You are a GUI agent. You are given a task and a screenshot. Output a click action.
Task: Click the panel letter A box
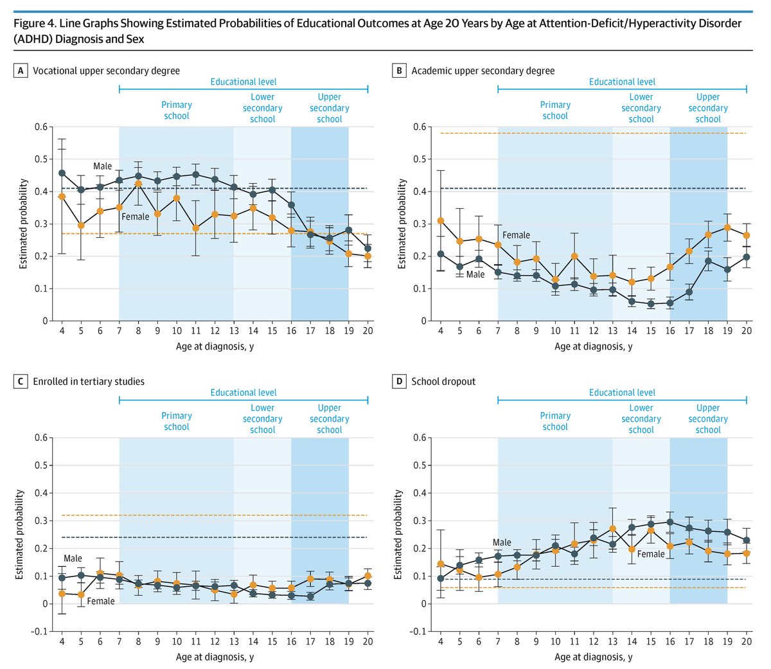(x=21, y=71)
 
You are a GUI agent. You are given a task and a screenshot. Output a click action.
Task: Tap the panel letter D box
(x=400, y=382)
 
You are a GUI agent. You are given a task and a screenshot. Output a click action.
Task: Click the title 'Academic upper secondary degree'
(x=483, y=71)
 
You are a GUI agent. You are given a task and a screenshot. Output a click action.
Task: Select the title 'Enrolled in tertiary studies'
(x=89, y=382)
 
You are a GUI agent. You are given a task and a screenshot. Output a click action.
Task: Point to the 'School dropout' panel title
(x=443, y=382)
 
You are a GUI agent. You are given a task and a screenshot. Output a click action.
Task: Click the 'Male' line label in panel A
(x=103, y=166)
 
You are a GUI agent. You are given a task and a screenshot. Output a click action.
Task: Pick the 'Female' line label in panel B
(x=516, y=235)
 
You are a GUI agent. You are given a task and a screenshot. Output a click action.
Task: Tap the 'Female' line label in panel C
(x=101, y=602)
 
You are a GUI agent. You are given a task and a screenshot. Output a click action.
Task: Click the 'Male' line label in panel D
(x=502, y=543)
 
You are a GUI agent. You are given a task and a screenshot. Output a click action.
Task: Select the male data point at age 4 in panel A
(x=62, y=173)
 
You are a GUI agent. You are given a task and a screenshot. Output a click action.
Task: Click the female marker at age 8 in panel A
(x=138, y=184)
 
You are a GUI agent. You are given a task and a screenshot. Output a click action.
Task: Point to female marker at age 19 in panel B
(x=727, y=227)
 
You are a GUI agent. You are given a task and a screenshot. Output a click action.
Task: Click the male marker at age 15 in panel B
(x=651, y=304)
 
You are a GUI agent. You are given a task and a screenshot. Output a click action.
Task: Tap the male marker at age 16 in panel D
(x=670, y=522)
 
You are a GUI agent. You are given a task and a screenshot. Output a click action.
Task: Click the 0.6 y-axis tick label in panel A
(x=41, y=127)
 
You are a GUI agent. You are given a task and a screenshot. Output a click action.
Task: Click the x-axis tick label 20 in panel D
(x=747, y=641)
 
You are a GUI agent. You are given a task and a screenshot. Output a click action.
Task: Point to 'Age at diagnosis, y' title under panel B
(x=593, y=346)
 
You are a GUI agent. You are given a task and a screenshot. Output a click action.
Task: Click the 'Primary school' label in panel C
(x=177, y=421)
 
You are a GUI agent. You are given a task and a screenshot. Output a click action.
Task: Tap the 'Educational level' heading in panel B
(x=622, y=82)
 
